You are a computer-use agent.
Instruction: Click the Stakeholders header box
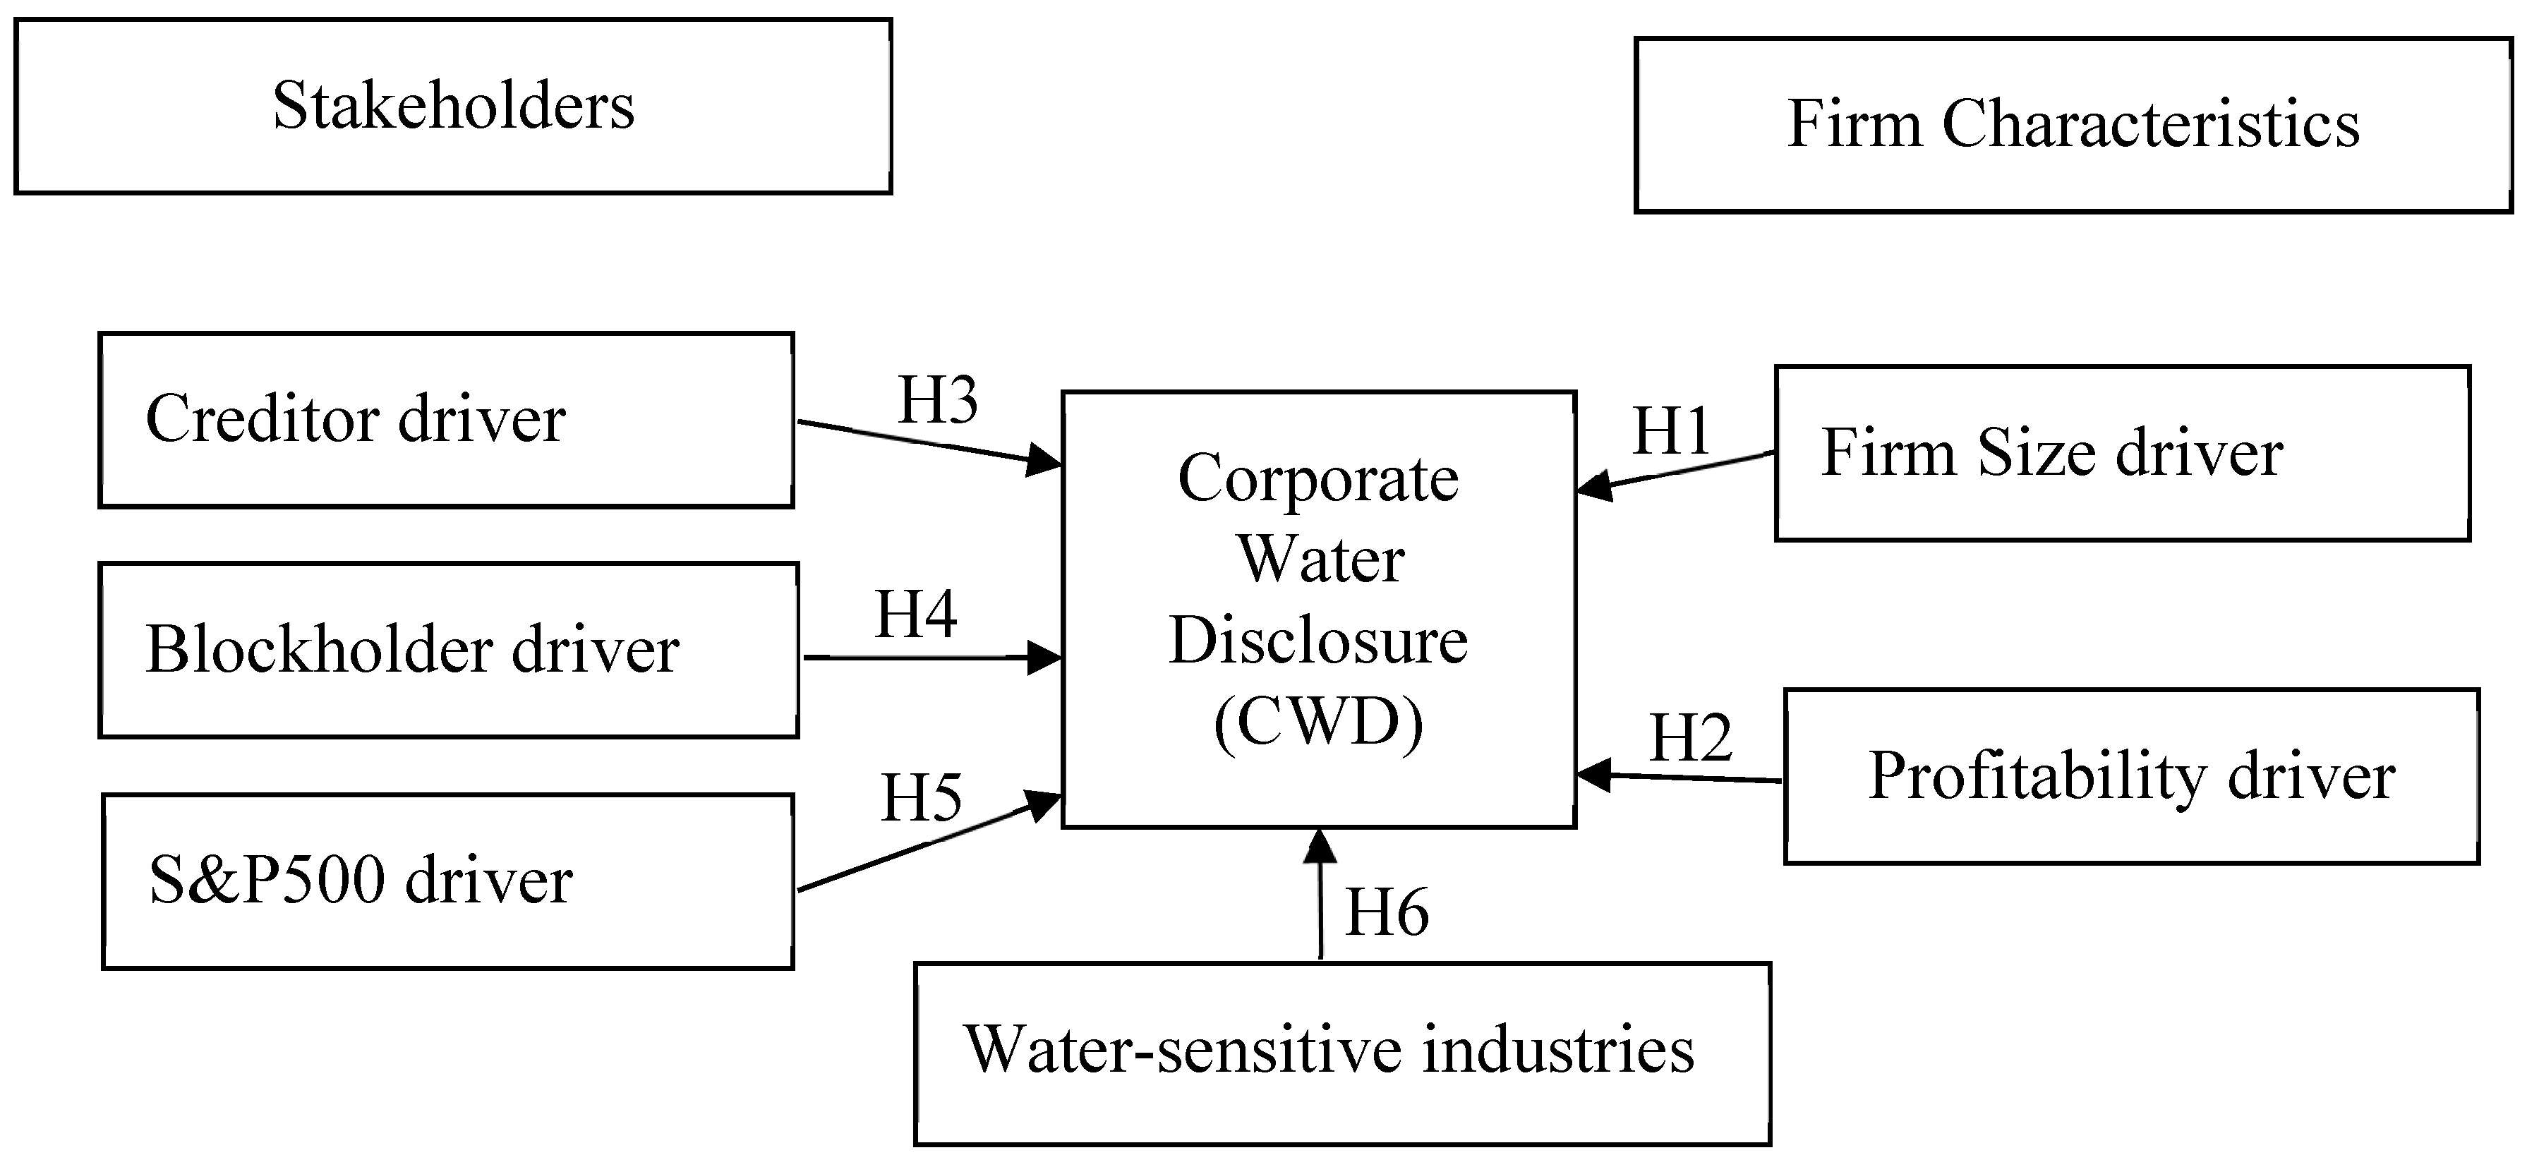tap(452, 106)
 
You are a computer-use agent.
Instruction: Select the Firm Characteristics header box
tap(2072, 125)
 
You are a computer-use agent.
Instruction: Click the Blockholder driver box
tap(448, 651)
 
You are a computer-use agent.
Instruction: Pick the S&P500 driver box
tap(447, 881)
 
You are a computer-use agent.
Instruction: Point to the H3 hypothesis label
tap(938, 400)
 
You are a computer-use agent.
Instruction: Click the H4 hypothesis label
tap(915, 615)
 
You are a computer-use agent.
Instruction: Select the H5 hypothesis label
tap(921, 798)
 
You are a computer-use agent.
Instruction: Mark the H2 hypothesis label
tap(1690, 737)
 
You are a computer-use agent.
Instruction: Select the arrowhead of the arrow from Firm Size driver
tap(1593, 485)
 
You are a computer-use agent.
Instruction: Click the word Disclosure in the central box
tap(1317, 641)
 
